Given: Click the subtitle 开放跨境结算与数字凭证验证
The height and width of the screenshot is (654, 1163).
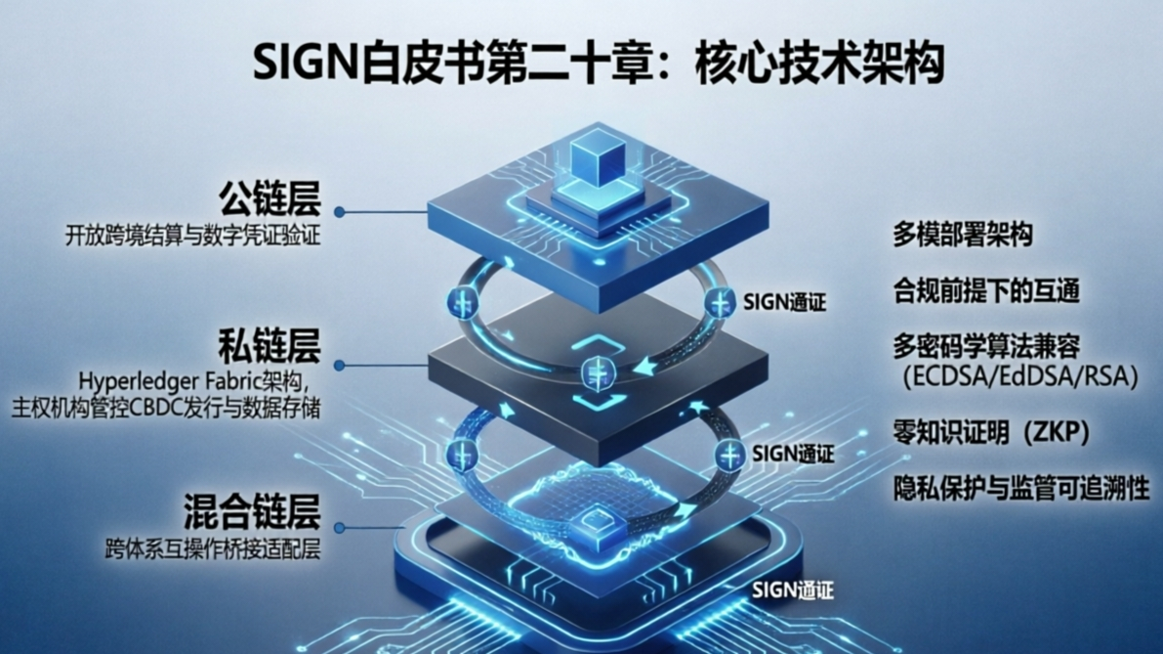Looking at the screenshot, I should (x=192, y=237).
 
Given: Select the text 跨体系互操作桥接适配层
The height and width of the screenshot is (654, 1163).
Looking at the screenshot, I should (x=214, y=549).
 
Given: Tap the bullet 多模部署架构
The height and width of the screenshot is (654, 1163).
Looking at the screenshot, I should (x=962, y=235).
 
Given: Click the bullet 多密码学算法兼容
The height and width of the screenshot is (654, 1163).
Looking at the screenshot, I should (x=986, y=346).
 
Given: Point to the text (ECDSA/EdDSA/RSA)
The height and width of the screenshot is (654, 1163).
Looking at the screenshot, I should (x=1019, y=377).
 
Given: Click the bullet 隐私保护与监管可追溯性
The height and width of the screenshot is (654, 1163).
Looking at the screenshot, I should (x=1021, y=489).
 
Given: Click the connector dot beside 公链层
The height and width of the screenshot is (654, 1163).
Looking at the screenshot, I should (x=339, y=212).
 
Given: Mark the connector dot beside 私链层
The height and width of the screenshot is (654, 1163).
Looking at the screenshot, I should (x=339, y=365).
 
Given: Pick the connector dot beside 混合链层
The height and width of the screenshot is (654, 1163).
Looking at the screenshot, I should (x=339, y=528).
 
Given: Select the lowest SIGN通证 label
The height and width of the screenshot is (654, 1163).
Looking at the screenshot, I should (x=793, y=589).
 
